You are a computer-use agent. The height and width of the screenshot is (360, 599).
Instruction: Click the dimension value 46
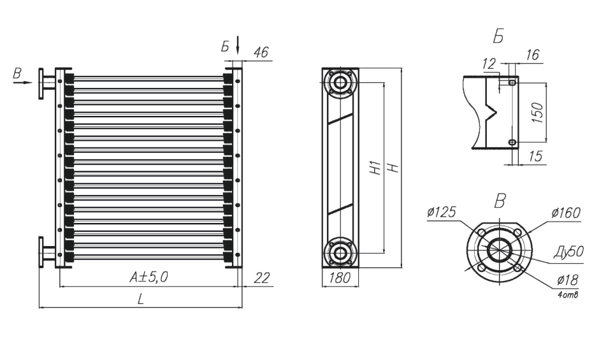click(261, 52)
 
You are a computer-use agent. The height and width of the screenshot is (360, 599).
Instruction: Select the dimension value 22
click(262, 278)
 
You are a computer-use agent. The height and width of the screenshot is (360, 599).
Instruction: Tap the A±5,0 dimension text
click(148, 277)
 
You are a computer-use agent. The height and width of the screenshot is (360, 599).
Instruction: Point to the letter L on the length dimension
click(141, 299)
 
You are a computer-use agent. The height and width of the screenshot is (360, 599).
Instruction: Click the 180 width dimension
click(340, 278)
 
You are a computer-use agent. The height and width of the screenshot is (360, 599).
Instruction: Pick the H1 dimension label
click(377, 168)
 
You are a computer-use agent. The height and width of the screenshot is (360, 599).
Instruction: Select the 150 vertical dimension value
click(537, 112)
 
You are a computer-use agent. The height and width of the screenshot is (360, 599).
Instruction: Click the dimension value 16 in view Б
click(532, 55)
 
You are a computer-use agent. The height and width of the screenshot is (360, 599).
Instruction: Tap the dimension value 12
click(489, 64)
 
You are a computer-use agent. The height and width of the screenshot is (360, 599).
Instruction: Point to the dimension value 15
click(536, 156)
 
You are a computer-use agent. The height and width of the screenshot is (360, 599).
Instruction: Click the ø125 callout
click(442, 212)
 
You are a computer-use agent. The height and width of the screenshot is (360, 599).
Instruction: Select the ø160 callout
click(566, 212)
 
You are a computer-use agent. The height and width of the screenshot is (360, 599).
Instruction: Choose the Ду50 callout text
click(569, 252)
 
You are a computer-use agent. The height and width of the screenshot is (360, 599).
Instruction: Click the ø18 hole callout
click(568, 280)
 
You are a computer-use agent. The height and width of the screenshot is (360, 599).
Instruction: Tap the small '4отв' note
click(568, 294)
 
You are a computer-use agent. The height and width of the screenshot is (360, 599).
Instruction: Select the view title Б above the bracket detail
click(498, 36)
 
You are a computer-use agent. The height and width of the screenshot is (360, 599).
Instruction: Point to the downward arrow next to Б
click(238, 45)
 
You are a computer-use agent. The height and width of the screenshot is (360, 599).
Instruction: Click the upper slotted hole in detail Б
click(512, 82)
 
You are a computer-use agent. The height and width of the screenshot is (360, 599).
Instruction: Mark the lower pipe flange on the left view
click(41, 252)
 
